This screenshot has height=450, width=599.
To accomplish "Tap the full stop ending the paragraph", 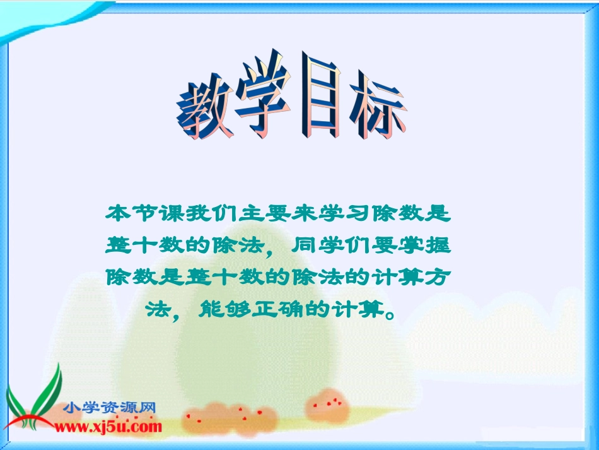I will tap(392, 313).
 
